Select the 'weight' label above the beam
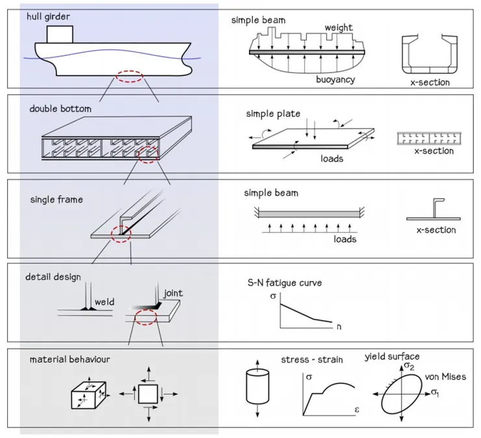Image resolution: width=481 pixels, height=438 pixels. (339, 28)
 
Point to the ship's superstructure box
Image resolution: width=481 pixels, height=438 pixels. (58, 33)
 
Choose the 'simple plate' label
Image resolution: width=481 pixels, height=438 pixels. (273, 114)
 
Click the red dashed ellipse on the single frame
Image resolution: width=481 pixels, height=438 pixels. (120, 232)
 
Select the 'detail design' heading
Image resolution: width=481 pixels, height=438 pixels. (53, 277)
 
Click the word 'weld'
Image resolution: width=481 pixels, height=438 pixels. (104, 302)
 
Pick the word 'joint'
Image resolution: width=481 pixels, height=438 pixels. (173, 293)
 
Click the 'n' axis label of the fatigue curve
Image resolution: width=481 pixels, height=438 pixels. (339, 327)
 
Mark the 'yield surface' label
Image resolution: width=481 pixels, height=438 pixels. (392, 356)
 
